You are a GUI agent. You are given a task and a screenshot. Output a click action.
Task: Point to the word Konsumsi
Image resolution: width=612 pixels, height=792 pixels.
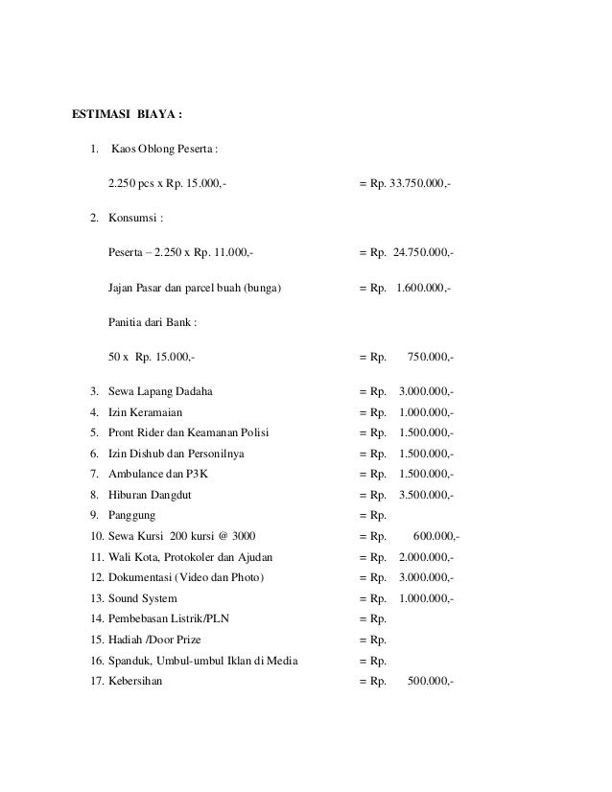136,218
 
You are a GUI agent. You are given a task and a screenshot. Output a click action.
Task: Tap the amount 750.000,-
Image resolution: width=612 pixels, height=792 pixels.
431,357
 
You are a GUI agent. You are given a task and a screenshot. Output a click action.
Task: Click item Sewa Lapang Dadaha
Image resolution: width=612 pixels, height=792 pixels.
161,392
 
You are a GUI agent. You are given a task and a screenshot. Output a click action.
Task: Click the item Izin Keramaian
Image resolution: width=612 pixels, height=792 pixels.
146,412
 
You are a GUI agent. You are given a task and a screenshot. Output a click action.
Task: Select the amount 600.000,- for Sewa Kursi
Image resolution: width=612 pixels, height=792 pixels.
436,536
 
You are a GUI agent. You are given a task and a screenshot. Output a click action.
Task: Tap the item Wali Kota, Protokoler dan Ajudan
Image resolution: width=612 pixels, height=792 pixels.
192,557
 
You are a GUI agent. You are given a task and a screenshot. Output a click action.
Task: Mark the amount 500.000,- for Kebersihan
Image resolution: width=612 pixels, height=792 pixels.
431,682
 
